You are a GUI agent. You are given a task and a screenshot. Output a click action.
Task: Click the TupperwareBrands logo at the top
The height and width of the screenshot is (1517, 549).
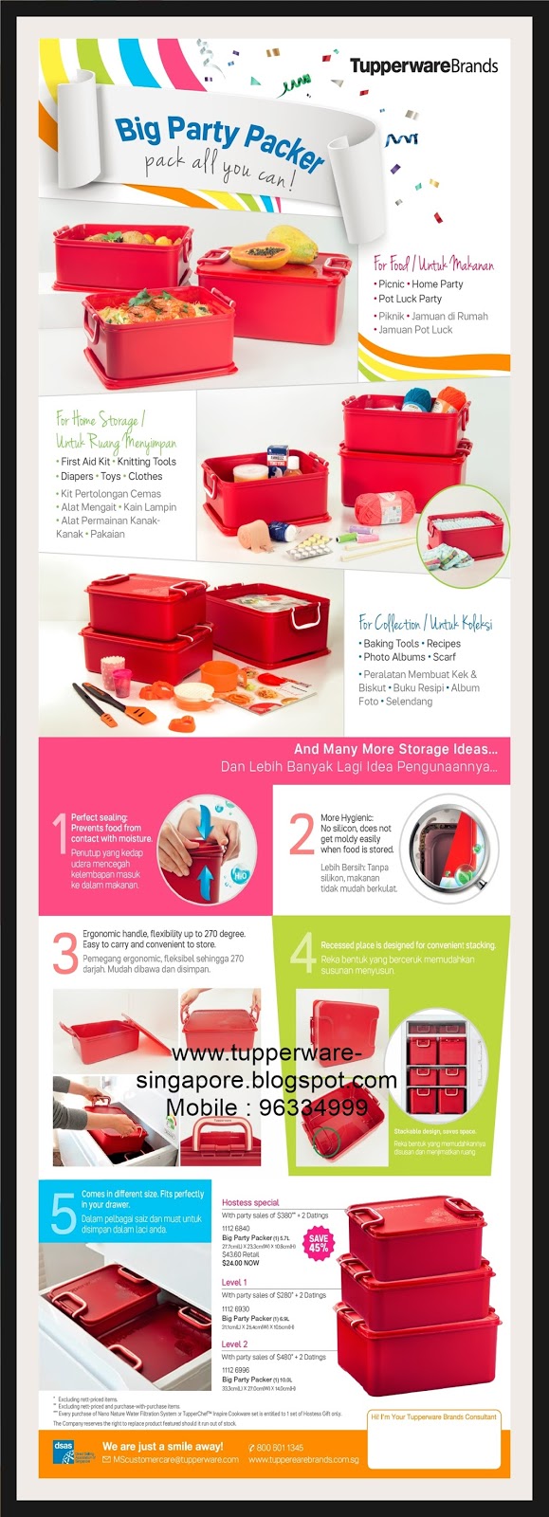[x=424, y=66]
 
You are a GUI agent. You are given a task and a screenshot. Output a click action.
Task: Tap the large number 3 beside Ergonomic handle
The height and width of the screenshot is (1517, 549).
[x=64, y=953]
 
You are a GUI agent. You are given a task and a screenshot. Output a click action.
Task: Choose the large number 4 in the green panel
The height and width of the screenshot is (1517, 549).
[x=302, y=953]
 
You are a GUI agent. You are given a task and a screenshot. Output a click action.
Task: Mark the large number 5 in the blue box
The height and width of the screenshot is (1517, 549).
[x=63, y=1214]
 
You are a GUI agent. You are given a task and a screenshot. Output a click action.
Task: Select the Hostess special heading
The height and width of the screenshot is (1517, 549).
[x=250, y=1202]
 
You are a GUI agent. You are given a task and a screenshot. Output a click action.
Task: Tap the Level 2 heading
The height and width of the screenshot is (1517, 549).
[x=234, y=1343]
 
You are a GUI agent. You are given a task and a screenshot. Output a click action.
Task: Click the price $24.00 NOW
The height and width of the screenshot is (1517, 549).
[x=241, y=1263]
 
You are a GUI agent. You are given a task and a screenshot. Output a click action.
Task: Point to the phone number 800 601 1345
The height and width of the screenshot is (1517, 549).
[x=281, y=1448]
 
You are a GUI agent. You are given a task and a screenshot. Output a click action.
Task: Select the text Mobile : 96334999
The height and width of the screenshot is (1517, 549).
[x=266, y=1107]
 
